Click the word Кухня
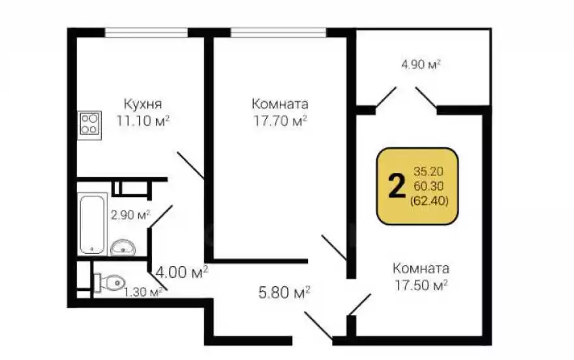click(142, 104)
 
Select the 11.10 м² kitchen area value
click(143, 120)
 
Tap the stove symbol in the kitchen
click(89, 123)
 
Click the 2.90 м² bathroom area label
click(130, 214)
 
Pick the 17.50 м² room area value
click(420, 285)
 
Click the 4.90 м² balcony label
click(421, 65)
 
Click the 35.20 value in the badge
click(429, 172)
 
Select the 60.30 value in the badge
click(429, 187)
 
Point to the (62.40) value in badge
click(429, 201)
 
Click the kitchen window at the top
click(147, 31)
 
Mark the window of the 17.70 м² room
click(279, 31)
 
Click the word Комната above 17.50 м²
click(420, 269)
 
